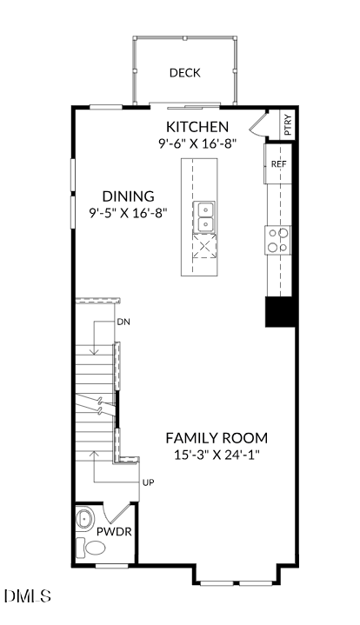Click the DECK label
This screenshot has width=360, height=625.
tap(185, 73)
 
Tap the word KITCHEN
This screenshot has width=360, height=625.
tap(197, 127)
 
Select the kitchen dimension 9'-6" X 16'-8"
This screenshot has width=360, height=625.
tap(197, 143)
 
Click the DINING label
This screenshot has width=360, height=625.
tap(129, 196)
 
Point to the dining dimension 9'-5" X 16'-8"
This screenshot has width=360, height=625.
tap(128, 213)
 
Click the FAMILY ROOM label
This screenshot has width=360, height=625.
tap(217, 438)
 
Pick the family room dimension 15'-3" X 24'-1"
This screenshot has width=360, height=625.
tap(217, 455)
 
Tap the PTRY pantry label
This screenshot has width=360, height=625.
tap(288, 125)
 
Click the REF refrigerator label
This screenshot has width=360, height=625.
tap(278, 163)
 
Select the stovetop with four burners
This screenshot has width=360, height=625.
tap(278, 240)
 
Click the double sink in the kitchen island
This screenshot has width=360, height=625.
tap(204, 216)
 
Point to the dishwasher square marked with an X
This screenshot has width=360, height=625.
tap(204, 246)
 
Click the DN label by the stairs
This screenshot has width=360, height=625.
tap(123, 322)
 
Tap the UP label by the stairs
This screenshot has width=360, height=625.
tap(149, 482)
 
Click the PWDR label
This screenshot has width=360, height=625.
tap(114, 532)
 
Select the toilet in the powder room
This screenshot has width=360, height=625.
tap(91, 548)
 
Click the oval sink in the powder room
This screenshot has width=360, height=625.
tap(84, 519)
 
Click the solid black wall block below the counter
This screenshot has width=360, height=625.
tap(281, 312)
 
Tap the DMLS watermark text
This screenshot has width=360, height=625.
tap(28, 596)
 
